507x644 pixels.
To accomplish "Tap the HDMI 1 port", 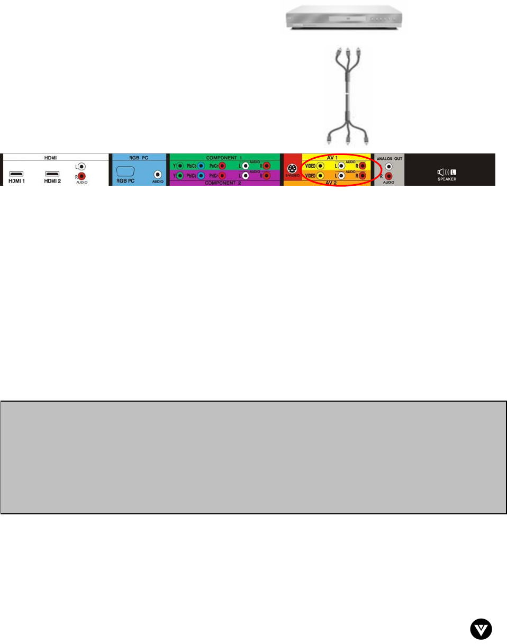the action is [16, 174].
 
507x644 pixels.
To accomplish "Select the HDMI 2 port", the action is [52, 174].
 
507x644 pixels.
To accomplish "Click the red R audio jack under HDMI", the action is [82, 176].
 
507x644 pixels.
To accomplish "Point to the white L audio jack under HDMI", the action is [82, 166].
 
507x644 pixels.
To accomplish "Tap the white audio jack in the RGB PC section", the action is [157, 174].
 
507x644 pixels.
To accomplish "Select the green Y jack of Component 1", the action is [180, 166].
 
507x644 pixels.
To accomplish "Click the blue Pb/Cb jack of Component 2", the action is [201, 176].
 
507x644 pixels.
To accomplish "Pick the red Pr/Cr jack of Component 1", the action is [223, 166].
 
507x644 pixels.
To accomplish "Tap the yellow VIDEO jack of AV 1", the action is [320, 166].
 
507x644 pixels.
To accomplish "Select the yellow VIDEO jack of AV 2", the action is [320, 176].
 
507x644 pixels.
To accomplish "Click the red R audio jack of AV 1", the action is [363, 166].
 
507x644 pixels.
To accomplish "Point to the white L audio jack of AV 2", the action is [341, 176].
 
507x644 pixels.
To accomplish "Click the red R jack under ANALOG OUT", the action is [389, 176].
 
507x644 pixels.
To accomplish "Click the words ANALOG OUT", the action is [389, 158].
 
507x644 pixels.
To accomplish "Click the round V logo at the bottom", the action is [481, 629].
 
